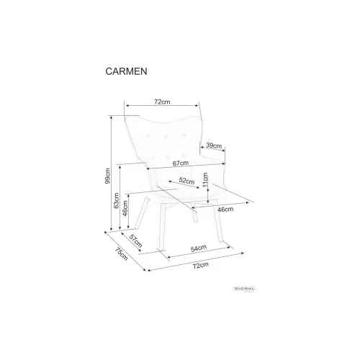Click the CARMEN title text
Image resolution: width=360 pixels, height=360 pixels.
click(x=126, y=71)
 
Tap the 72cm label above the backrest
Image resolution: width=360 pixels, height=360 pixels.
click(x=162, y=102)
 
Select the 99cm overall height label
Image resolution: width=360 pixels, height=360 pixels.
click(x=108, y=176)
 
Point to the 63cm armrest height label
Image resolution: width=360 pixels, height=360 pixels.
click(x=116, y=201)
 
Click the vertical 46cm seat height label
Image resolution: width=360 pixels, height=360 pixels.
click(x=125, y=208)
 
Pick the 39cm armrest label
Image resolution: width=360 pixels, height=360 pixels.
click(x=214, y=145)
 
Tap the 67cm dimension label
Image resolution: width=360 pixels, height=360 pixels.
click(x=181, y=163)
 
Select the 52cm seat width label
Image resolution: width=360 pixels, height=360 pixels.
click(x=186, y=181)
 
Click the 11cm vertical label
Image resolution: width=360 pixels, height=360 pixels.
click(x=205, y=180)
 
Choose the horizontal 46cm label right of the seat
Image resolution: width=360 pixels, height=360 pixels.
click(x=225, y=210)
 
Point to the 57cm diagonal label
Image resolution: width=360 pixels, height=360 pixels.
click(x=136, y=241)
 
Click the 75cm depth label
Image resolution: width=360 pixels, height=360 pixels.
click(x=121, y=254)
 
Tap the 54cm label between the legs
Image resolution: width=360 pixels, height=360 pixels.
click(x=199, y=248)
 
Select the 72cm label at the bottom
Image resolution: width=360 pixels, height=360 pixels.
click(x=201, y=266)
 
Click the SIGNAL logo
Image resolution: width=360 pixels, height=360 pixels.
click(x=244, y=289)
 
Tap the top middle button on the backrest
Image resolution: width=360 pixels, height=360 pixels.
click(x=166, y=136)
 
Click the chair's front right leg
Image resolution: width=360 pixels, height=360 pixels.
click(x=218, y=224)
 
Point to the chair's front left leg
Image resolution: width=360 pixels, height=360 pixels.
click(x=163, y=228)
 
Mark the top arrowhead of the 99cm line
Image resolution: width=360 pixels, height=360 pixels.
click(x=111, y=117)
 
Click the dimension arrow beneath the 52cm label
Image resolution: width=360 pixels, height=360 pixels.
click(x=184, y=184)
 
